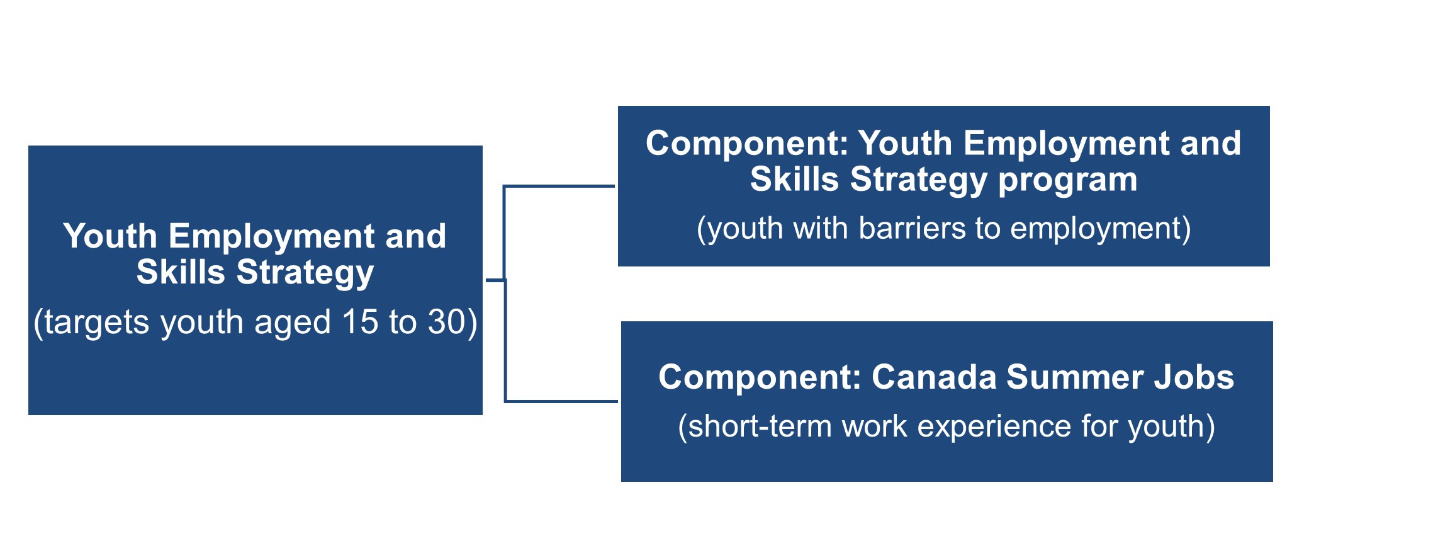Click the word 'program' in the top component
(x=1068, y=181)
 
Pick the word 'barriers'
(x=912, y=228)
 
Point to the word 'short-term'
(x=760, y=426)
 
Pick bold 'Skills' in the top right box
(x=795, y=180)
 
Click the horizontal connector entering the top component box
(x=559, y=186)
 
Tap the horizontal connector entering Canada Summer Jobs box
(x=561, y=401)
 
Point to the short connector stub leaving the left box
(x=495, y=279)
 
